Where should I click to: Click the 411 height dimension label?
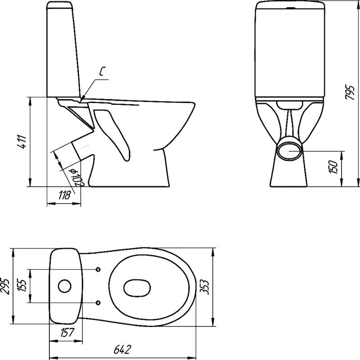click(22, 142)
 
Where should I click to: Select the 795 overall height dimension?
click(350, 93)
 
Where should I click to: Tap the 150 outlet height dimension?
click(334, 167)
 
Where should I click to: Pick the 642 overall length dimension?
click(123, 350)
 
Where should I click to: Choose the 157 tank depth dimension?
click(67, 333)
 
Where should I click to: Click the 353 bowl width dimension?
click(204, 287)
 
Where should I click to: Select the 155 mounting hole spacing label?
click(22, 286)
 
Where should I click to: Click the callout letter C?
click(102, 71)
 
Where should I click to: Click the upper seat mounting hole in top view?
click(98, 269)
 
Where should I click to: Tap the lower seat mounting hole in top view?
click(98, 302)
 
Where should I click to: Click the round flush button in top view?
click(65, 286)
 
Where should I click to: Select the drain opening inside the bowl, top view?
click(137, 288)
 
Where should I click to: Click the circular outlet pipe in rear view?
click(289, 151)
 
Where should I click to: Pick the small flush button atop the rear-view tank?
click(290, 9)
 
